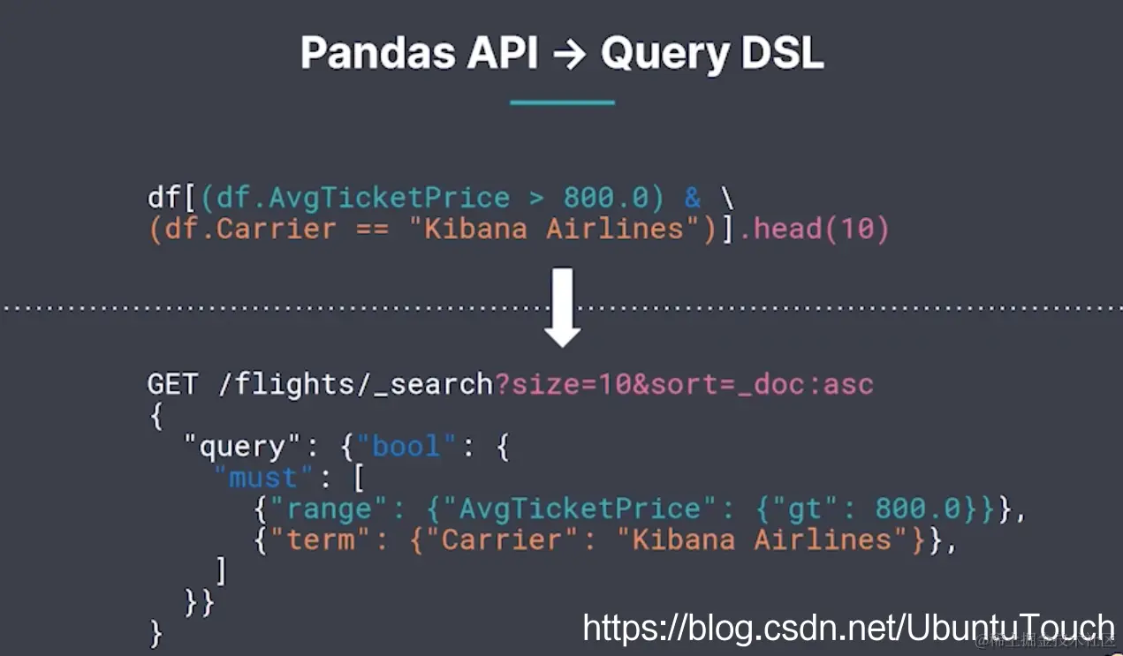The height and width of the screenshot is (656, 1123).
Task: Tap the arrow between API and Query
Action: point(569,55)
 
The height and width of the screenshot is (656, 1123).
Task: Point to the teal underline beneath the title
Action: point(562,102)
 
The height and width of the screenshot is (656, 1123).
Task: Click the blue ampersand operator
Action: point(692,197)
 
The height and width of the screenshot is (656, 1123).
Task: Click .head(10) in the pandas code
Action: point(814,229)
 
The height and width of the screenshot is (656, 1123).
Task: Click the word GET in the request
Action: point(173,384)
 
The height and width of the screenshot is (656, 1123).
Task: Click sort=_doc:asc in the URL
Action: point(762,384)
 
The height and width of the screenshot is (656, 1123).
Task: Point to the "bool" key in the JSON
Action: point(406,446)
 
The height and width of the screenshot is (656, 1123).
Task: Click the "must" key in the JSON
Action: point(263,478)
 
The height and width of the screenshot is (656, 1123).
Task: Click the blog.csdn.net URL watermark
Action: point(848,628)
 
